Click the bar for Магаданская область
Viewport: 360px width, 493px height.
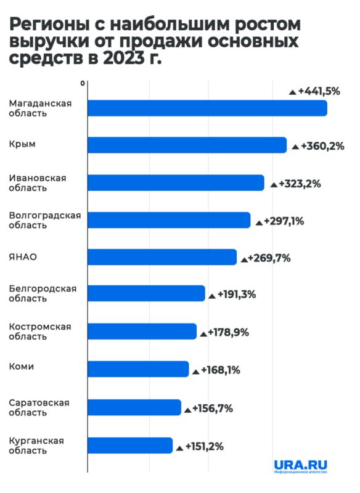click(207, 108)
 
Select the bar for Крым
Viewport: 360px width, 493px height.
click(187, 145)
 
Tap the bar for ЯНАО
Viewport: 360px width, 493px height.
click(162, 257)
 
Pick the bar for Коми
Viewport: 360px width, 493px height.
click(137, 369)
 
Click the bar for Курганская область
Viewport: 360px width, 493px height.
click(129, 445)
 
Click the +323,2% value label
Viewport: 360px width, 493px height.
click(300, 184)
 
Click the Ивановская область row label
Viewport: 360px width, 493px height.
click(37, 183)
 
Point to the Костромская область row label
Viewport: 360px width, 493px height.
click(39, 331)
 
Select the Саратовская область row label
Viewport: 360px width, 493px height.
click(38, 407)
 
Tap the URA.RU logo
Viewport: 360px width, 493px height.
click(300, 465)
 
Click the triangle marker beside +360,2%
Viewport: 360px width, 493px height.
click(295, 147)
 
